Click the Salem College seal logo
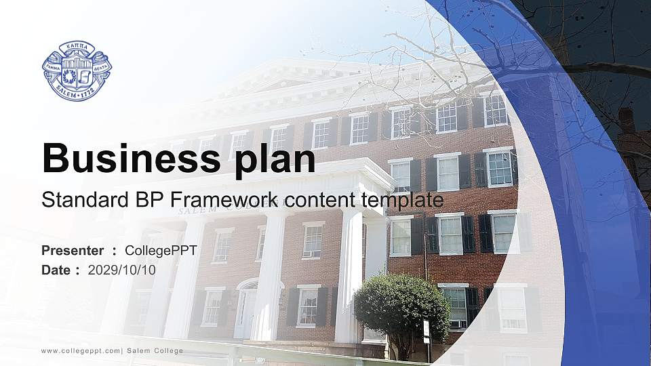[x=77, y=70]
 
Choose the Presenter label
[x=73, y=251]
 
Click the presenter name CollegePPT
[x=161, y=251]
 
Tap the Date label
[x=57, y=270]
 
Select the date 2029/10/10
[x=122, y=270]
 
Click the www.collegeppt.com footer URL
[x=81, y=350]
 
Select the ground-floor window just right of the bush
[x=454, y=305]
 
